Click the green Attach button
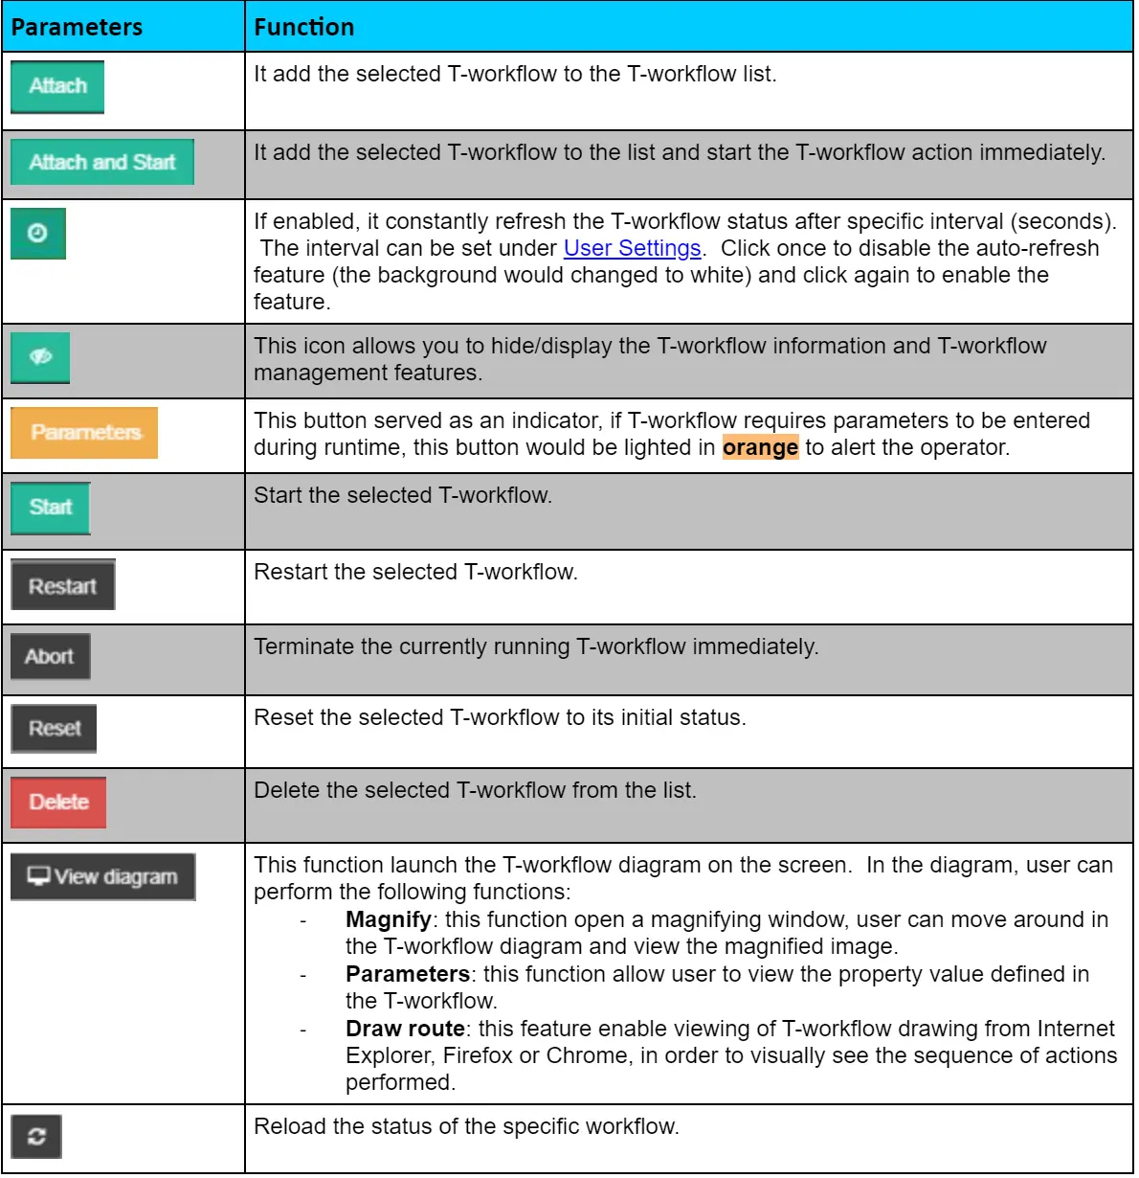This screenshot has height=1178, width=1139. pyautogui.click(x=57, y=86)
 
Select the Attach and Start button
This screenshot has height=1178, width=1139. pyautogui.click(x=101, y=162)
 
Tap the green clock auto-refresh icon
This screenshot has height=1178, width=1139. pyautogui.click(x=37, y=233)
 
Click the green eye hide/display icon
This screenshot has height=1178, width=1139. pyautogui.click(x=39, y=356)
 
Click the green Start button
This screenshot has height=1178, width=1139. pyautogui.click(x=51, y=507)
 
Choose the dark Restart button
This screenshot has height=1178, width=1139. pyautogui.click(x=62, y=585)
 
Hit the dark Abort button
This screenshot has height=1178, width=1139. pyautogui.click(x=50, y=656)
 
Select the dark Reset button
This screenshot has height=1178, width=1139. pyautogui.click(x=54, y=728)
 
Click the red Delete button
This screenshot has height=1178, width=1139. pyautogui.click(x=58, y=802)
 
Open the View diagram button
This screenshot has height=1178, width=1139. pyautogui.click(x=102, y=876)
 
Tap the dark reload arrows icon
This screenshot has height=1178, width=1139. pyautogui.click(x=36, y=1137)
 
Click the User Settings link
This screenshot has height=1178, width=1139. pyautogui.click(x=632, y=248)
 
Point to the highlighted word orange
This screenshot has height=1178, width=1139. pyautogui.click(x=760, y=447)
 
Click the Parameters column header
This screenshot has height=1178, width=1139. pyautogui.click(x=77, y=27)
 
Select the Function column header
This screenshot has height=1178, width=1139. pyautogui.click(x=303, y=27)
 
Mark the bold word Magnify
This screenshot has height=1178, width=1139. pyautogui.click(x=388, y=919)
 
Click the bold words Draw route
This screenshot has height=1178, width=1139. pyautogui.click(x=405, y=1029)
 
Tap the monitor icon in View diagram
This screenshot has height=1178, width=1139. pyautogui.click(x=38, y=875)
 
